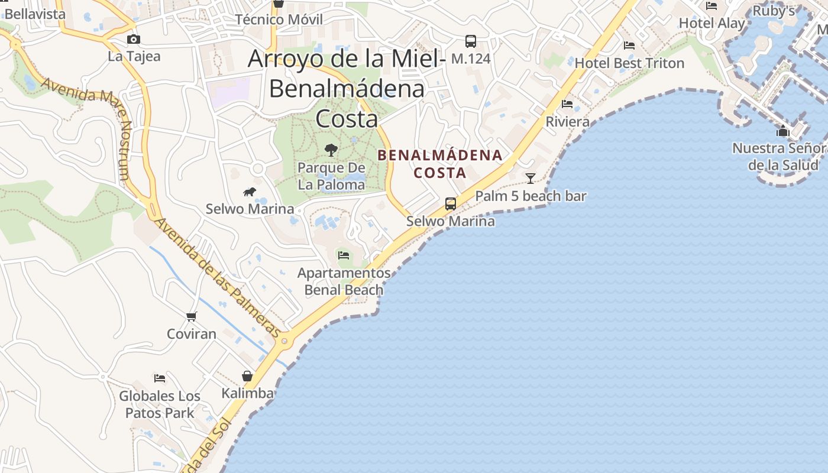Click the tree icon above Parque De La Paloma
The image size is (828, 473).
point(331,150)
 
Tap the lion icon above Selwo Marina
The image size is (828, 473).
point(250,192)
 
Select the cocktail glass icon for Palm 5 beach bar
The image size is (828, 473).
point(531,178)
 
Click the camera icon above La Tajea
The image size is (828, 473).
point(134,39)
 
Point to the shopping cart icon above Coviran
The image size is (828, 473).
point(191,317)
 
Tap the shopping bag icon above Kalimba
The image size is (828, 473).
point(247,376)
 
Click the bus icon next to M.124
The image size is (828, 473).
point(471,41)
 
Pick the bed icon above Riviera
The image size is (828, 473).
point(567,104)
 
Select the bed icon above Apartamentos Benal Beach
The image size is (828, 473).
point(343,255)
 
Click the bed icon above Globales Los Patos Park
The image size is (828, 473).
point(160,378)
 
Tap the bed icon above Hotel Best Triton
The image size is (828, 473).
point(629,45)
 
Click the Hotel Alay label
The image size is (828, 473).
point(712,24)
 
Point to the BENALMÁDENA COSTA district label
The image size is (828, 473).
point(440,164)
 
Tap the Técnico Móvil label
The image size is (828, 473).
point(279,20)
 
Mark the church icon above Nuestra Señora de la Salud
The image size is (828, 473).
point(783,131)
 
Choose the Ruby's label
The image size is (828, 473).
point(774,11)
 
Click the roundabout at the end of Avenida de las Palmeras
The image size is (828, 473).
point(286,341)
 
